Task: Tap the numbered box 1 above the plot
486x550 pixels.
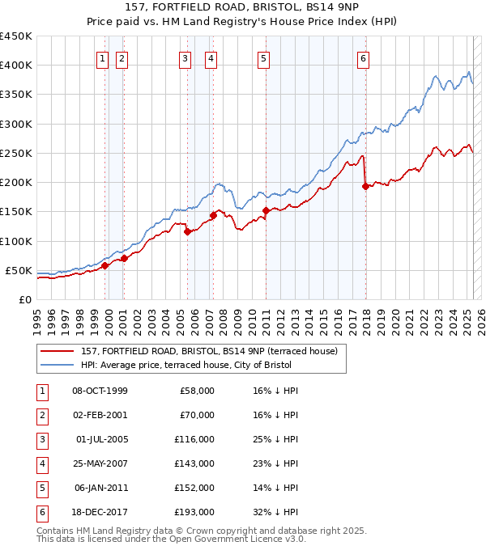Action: [104, 57]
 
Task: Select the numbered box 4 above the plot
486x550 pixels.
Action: [210, 57]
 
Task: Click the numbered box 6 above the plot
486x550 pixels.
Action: [364, 57]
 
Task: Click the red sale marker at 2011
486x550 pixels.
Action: [266, 210]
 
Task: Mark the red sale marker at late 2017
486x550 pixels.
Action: [364, 186]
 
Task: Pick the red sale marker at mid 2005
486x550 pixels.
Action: [187, 231]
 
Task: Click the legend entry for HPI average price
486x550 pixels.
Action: [191, 365]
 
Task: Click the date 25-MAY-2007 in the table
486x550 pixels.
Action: [100, 464]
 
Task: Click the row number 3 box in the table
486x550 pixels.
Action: [40, 440]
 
